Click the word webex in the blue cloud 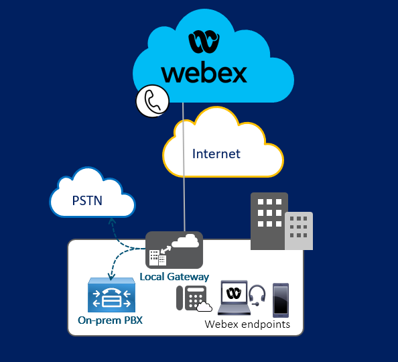204,74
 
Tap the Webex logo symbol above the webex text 204,42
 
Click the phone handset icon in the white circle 153,101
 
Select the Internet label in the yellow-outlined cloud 216,154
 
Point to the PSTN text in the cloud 87,200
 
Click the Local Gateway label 174,277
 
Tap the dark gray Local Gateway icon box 174,250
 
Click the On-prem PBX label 110,320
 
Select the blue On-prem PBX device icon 111,295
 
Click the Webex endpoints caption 247,324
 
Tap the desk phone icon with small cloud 194,298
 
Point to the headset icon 257,295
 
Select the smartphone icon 281,300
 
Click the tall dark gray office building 269,221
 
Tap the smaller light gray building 299,231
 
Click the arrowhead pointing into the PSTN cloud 112,221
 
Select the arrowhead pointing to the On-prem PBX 111,277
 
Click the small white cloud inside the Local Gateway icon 186,241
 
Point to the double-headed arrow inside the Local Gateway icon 166,250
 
